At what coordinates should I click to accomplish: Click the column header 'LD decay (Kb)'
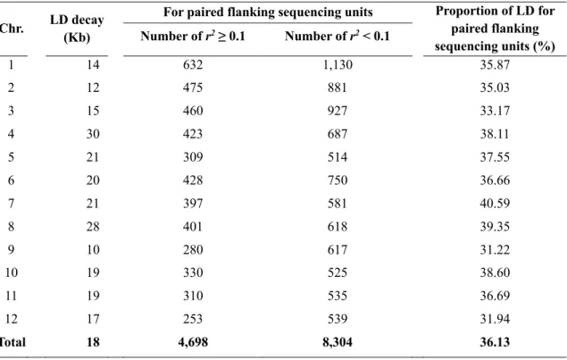77,29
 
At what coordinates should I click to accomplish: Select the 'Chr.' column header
12,29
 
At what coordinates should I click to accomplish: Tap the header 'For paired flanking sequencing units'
268,12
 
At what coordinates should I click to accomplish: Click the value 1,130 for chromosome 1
338,64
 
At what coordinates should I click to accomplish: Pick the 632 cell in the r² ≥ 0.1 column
193,64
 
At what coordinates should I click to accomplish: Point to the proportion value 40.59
495,204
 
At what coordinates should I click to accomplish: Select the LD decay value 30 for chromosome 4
93,134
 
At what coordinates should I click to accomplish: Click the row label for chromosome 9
12,249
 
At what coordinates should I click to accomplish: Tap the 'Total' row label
13,342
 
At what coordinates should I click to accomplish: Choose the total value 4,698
193,342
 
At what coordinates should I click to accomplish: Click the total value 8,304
338,342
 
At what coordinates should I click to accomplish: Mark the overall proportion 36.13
495,342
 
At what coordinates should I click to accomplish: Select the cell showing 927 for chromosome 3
338,111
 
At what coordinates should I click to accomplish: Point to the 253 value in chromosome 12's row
193,319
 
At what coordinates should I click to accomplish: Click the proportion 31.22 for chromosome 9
495,249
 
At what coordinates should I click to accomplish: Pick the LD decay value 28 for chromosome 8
93,227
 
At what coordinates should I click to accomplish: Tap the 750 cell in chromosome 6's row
338,180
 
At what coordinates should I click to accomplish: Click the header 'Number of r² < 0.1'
337,37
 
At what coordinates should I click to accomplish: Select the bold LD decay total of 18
93,342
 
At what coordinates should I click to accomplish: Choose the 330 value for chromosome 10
193,272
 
